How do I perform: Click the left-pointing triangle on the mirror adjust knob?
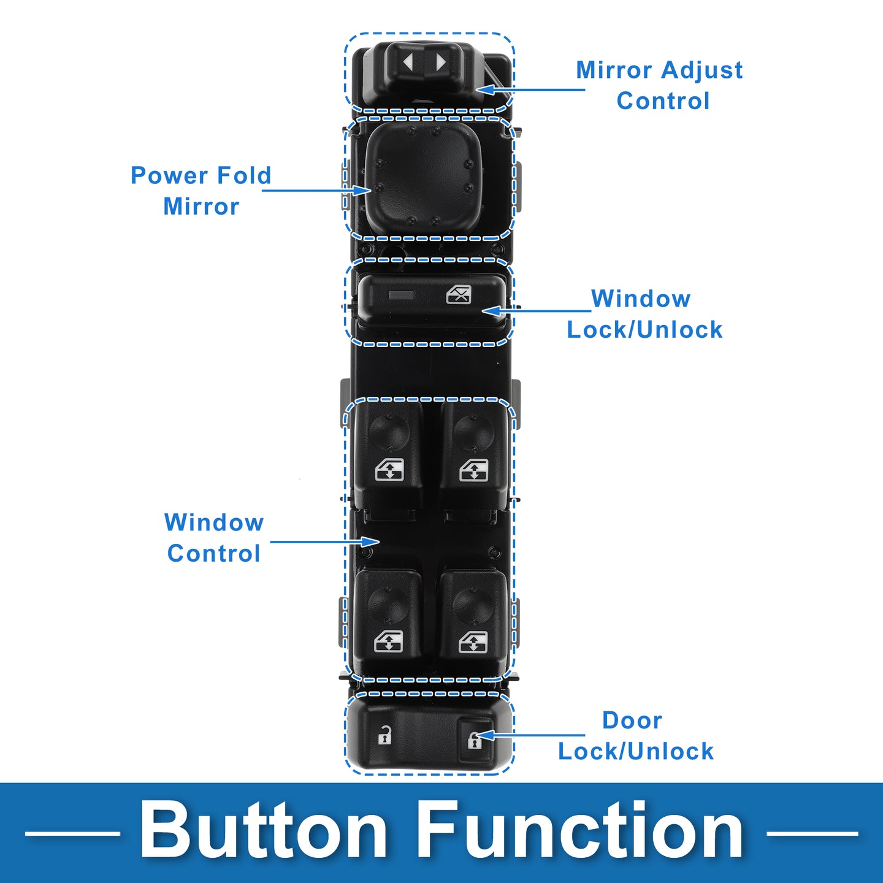tap(408, 62)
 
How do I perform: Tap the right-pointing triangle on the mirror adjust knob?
tap(440, 62)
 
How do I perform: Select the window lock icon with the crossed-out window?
tap(459, 295)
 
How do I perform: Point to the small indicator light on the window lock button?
tap(402, 295)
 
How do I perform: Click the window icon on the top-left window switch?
tap(389, 470)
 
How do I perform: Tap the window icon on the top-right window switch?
tap(474, 470)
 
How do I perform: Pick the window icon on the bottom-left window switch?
tap(389, 642)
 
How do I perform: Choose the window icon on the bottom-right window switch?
tap(473, 642)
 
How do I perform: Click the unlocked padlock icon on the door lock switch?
tap(384, 735)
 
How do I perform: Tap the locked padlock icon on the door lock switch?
tap(474, 740)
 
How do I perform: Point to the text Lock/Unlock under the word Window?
tap(644, 330)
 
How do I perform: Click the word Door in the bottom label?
tap(632, 721)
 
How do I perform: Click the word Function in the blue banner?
tap(581, 831)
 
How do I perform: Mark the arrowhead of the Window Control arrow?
tap(371, 541)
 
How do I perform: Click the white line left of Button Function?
tap(72, 833)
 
